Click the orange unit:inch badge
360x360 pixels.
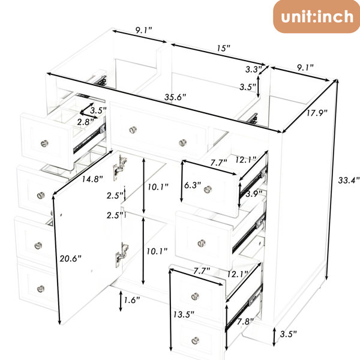tap(316, 17)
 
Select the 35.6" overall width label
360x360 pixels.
tap(175, 97)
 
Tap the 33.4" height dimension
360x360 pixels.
tap(349, 180)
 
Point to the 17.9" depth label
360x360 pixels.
tap(317, 113)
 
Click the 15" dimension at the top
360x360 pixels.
tap(224, 48)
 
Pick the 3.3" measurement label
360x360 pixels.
tap(253, 70)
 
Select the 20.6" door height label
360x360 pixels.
tap(70, 259)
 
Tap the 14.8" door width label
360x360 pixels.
tap(92, 179)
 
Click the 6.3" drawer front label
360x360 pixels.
tap(193, 185)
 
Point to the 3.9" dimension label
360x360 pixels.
tap(254, 194)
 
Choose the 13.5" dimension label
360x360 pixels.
tap(184, 314)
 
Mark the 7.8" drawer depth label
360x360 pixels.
tap(245, 322)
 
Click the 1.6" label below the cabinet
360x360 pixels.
tap(132, 300)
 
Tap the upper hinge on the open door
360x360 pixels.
tap(119, 167)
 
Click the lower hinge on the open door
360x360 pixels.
tap(122, 254)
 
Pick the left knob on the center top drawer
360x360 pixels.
tap(133, 130)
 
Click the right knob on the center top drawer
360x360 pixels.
tap(183, 143)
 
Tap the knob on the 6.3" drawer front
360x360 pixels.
tap(208, 190)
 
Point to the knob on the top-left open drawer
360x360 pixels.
tap(44, 144)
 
